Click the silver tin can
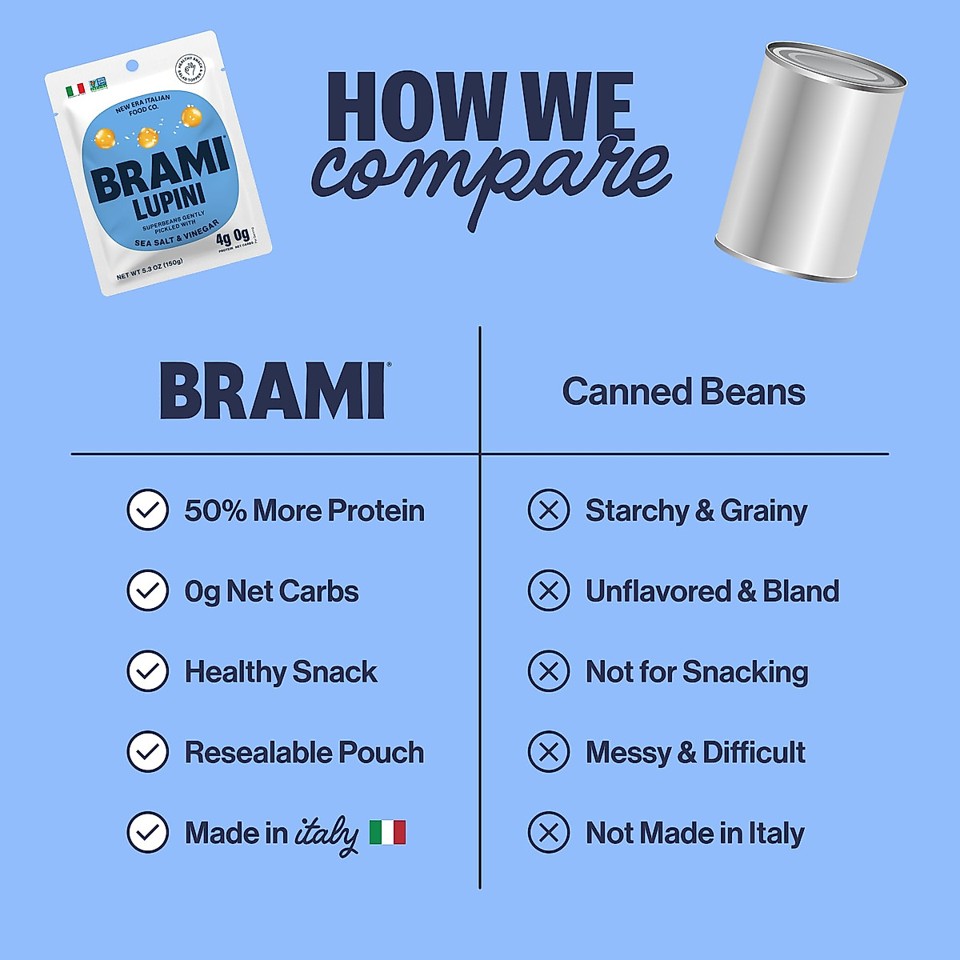tap(810, 160)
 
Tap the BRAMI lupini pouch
tap(158, 164)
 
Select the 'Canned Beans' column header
tap(683, 392)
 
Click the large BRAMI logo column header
tap(273, 391)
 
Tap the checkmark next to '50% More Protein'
tap(148, 510)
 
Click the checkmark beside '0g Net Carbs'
tap(148, 591)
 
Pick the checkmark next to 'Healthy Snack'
tap(148, 671)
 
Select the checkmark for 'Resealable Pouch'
tap(148, 752)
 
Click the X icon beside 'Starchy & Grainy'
tap(549, 510)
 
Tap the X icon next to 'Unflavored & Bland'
tap(549, 591)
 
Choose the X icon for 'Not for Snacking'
tap(549, 671)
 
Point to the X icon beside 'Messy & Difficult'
tap(549, 752)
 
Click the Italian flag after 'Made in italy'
tap(388, 833)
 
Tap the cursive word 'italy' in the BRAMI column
tap(326, 834)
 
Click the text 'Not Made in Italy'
tap(694, 833)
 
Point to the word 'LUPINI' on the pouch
tap(170, 201)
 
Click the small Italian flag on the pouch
tap(75, 90)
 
